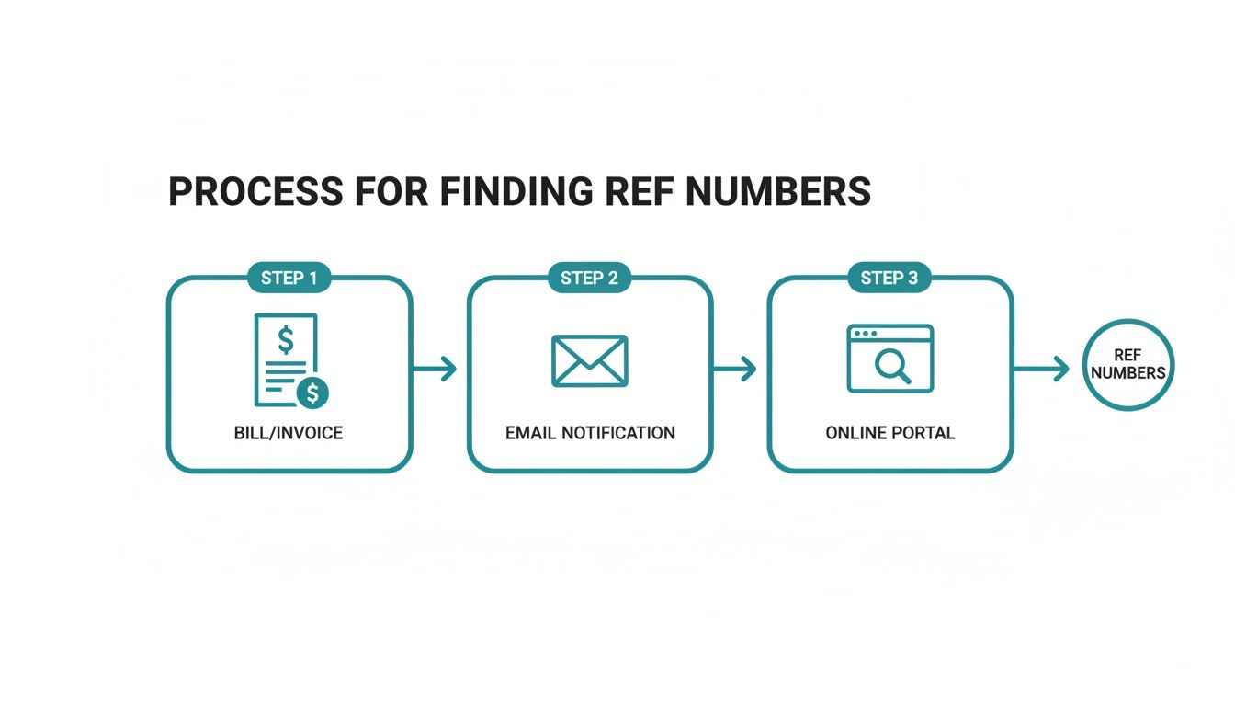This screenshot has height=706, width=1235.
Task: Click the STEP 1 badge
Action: click(x=289, y=278)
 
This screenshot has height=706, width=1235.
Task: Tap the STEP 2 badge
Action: click(x=589, y=278)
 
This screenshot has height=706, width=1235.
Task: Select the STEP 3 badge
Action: click(x=889, y=278)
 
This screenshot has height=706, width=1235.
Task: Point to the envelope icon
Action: click(x=589, y=360)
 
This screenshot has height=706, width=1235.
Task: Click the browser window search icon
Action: click(x=889, y=359)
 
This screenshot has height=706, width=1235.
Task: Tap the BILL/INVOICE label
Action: click(x=289, y=433)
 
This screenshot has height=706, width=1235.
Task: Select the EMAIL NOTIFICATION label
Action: click(x=590, y=433)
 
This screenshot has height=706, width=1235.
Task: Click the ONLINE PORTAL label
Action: click(x=889, y=433)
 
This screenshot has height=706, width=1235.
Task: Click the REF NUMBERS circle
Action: click(x=1127, y=364)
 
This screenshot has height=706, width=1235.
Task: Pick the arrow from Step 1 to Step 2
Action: click(x=436, y=370)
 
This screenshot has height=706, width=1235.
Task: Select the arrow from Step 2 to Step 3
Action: click(x=735, y=370)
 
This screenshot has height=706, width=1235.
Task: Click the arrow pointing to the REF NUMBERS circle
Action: click(x=1042, y=370)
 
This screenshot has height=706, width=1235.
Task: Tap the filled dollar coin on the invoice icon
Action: click(x=313, y=393)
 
